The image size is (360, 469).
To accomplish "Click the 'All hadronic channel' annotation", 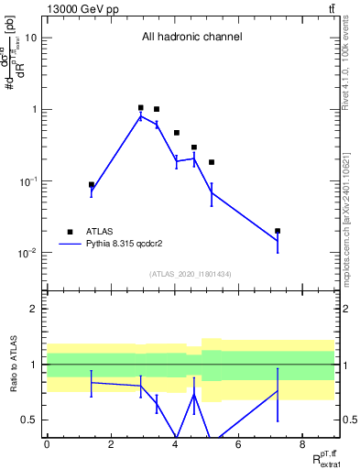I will pos(191,38).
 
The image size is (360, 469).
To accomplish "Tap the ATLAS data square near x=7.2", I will pos(278,231).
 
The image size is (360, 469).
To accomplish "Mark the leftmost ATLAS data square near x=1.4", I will pos(92,185).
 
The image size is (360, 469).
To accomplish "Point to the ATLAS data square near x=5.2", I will pos(212,162).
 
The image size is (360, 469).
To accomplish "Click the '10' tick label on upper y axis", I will pos(31,38).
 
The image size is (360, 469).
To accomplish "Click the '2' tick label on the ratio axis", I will pos(35,309).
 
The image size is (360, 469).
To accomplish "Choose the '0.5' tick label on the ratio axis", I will pos(29,420).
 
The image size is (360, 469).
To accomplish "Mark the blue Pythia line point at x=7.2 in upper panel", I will pos(278,241).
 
